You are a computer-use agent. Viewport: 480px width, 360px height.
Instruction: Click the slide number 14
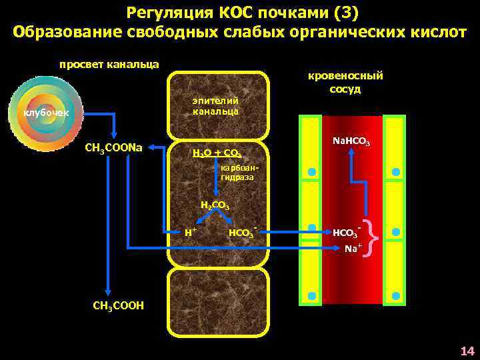(x=467, y=351)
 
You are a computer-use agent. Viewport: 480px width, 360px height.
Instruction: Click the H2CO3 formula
(x=215, y=205)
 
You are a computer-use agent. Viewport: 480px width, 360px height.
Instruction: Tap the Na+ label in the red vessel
(x=353, y=248)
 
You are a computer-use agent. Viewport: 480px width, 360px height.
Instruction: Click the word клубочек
(x=43, y=113)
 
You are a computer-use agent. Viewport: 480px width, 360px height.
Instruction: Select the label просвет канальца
(x=109, y=64)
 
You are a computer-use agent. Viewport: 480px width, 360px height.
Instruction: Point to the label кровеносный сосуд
(x=345, y=82)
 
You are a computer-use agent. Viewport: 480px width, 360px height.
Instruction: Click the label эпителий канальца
(x=215, y=105)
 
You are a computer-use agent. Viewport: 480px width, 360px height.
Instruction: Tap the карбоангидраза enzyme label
(x=237, y=173)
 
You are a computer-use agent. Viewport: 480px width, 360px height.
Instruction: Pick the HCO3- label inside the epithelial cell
(x=242, y=233)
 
